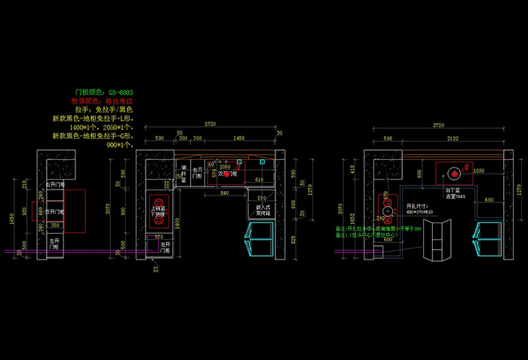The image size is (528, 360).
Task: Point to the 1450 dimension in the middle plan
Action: coord(238,139)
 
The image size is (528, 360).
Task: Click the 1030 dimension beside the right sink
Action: coord(478,171)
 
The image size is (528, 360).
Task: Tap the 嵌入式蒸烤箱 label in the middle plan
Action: coord(263,210)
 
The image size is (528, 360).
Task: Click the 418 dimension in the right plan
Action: coord(351,169)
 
